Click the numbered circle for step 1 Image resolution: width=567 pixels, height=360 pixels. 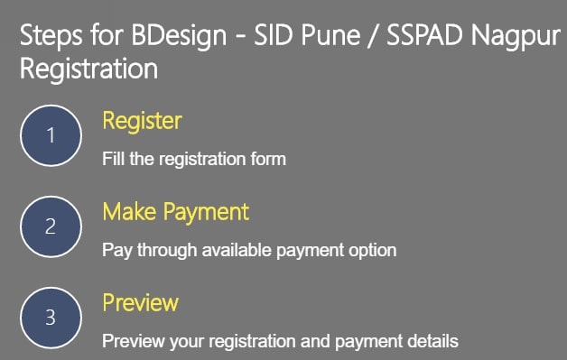click(x=51, y=135)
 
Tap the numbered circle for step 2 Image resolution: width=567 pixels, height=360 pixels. click(x=51, y=226)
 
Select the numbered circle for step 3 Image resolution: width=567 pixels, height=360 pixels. click(x=51, y=317)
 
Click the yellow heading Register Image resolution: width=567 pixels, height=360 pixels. click(x=142, y=121)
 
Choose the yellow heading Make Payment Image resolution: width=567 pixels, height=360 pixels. click(x=175, y=212)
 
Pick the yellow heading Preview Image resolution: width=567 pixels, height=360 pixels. click(x=140, y=302)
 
